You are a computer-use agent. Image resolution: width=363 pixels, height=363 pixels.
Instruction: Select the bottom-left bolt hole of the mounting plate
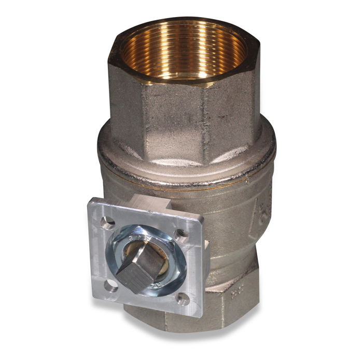pos(110,284)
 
